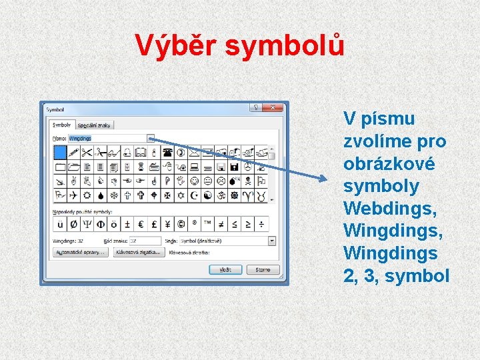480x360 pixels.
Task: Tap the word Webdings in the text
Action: (x=389, y=209)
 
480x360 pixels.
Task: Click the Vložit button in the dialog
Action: (x=225, y=269)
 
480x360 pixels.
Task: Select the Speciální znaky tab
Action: (x=95, y=125)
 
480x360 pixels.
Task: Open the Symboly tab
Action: (x=62, y=125)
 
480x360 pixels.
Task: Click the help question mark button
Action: (x=255, y=108)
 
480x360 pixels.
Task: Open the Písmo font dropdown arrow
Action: (x=151, y=138)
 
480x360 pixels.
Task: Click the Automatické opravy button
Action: (x=80, y=253)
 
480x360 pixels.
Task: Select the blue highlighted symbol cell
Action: (x=60, y=151)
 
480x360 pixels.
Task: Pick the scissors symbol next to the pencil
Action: (x=86, y=152)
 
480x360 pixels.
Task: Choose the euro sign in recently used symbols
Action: (x=139, y=223)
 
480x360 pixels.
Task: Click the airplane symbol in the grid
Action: (x=73, y=195)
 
